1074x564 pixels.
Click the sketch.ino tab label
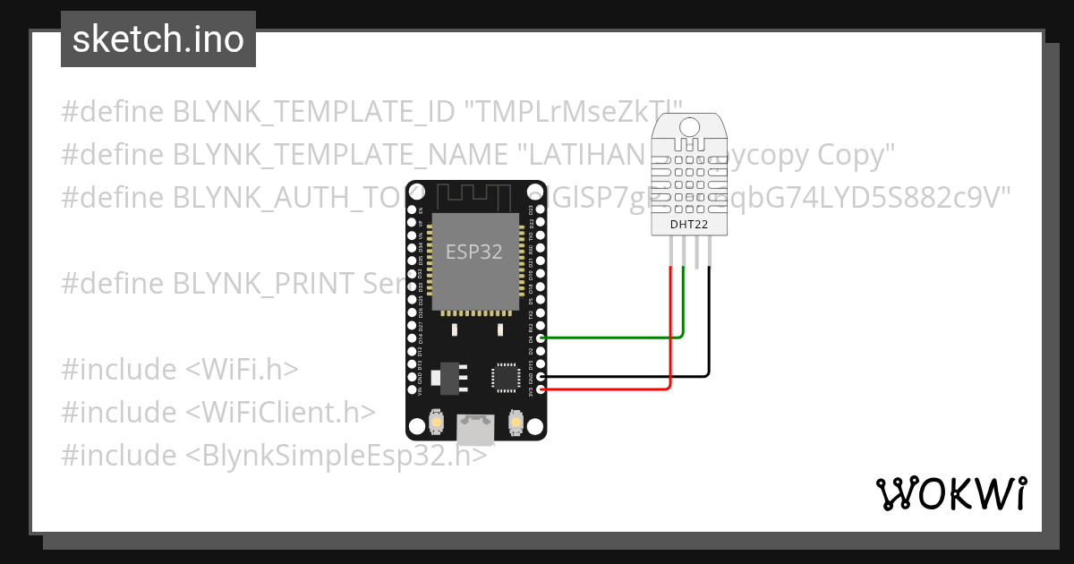point(158,39)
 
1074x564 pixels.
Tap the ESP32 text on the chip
point(474,252)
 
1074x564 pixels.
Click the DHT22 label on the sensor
point(689,226)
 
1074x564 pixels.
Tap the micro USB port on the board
point(475,430)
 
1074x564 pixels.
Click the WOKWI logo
point(950,493)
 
